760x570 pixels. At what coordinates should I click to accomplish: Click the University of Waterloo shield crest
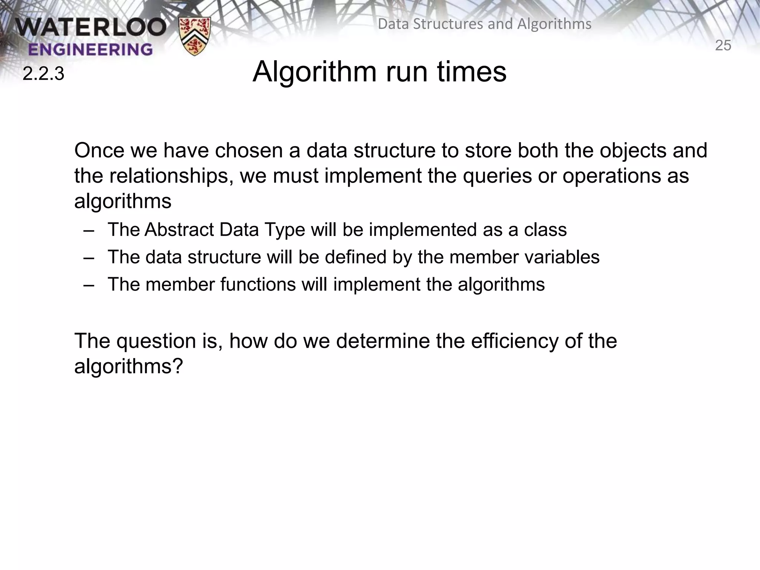(x=194, y=36)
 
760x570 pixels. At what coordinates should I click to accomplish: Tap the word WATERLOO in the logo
(x=91, y=27)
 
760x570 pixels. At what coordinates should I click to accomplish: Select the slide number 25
(x=723, y=46)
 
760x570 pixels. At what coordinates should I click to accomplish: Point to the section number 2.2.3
(x=43, y=74)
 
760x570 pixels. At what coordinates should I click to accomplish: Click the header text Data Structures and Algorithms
(x=484, y=24)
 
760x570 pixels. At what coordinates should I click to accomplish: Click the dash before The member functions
(x=89, y=285)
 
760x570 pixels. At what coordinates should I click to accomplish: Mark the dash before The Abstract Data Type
(x=89, y=230)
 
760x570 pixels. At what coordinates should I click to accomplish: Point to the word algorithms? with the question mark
(x=129, y=366)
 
